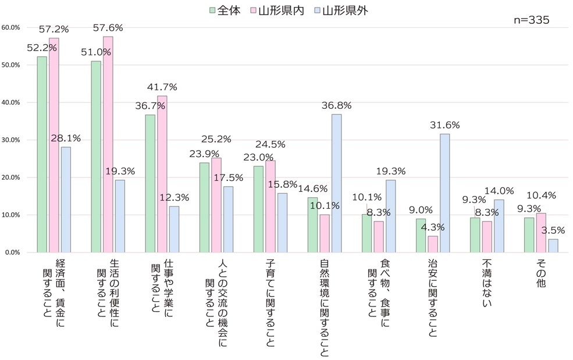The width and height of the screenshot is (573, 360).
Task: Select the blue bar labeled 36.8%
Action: [x=336, y=183]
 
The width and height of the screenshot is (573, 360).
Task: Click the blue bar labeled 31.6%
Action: [x=445, y=193]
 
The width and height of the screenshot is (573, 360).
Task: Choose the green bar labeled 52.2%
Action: [x=42, y=154]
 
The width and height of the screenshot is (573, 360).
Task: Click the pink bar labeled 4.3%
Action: [x=433, y=244]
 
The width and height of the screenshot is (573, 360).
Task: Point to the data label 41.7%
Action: [x=162, y=87]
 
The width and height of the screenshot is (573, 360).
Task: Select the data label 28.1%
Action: [x=66, y=138]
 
